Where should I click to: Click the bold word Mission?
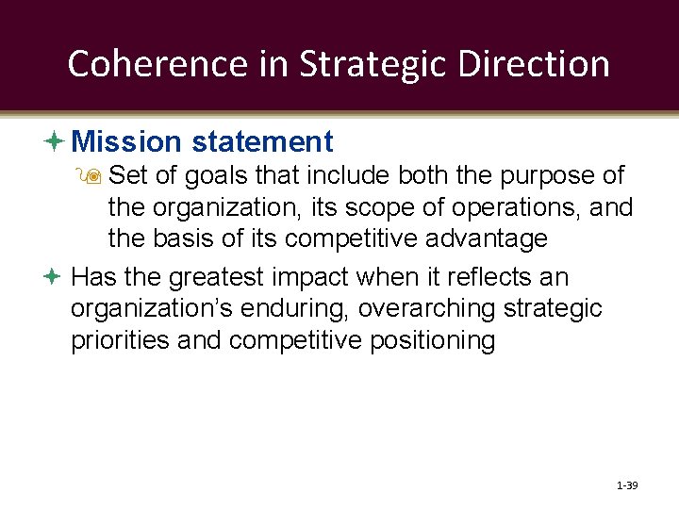pos(125,141)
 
